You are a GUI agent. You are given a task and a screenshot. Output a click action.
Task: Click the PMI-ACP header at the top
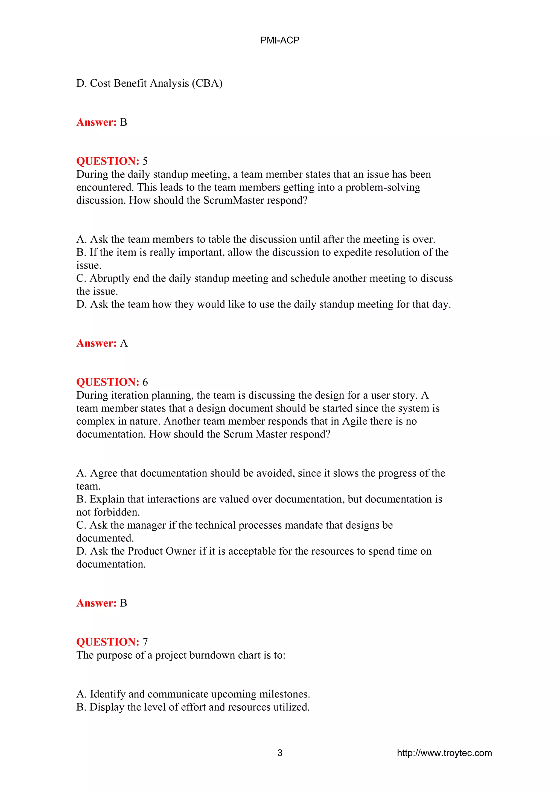[x=279, y=40]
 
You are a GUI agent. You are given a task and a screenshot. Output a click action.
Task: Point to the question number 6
[x=145, y=382]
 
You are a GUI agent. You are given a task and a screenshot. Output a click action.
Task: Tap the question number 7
[x=145, y=642]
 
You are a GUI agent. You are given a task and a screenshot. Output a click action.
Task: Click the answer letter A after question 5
[x=124, y=343]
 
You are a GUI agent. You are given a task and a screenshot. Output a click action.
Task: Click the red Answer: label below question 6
[x=96, y=603]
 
